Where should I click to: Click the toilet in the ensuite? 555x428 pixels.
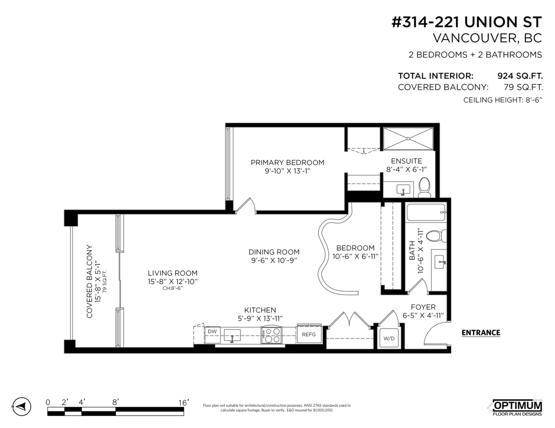(x=424, y=187)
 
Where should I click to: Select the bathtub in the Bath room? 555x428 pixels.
(x=426, y=213)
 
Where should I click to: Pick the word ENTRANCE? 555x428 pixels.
(x=481, y=332)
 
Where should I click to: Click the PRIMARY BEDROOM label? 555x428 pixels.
(x=287, y=163)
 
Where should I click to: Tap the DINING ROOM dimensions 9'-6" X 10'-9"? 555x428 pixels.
(x=274, y=260)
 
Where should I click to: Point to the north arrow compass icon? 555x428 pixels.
(x=21, y=406)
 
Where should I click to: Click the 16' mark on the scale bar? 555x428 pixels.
(x=183, y=403)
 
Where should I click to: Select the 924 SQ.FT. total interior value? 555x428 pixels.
(x=519, y=76)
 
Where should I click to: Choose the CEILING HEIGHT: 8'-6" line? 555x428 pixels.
(x=502, y=100)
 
